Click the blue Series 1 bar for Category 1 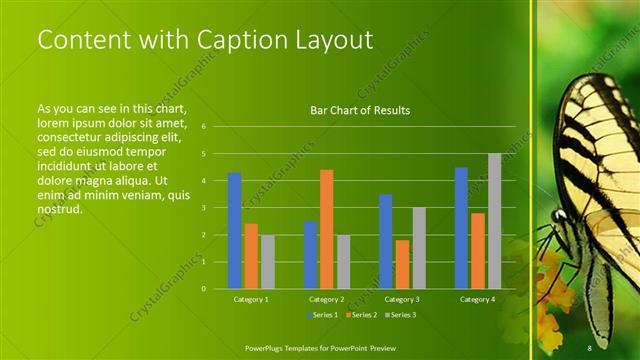234,231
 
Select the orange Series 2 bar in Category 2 326,229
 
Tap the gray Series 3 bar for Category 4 494,221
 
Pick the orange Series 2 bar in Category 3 402,264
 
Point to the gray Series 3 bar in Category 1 267,262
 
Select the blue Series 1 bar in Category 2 310,255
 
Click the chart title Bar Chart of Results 360,110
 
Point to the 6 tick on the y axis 203,127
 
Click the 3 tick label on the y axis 203,208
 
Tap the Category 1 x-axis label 250,299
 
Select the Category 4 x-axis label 477,299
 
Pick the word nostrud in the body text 58,209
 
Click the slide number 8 590,347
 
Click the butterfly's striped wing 600,150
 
